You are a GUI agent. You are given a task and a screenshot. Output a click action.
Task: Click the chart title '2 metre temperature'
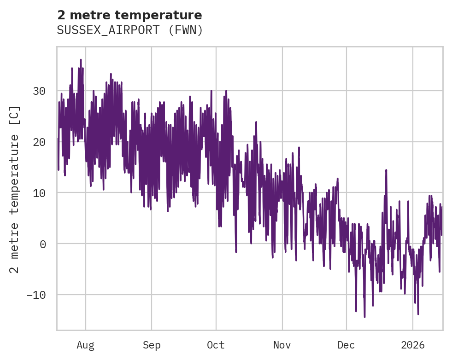(x=129, y=15)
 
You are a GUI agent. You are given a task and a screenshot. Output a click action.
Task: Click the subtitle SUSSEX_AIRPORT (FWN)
(x=129, y=30)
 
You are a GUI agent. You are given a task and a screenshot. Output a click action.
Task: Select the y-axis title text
(x=15, y=190)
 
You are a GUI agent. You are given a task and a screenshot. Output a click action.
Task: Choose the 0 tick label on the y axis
(x=42, y=244)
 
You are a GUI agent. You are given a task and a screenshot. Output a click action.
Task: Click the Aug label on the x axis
(x=86, y=345)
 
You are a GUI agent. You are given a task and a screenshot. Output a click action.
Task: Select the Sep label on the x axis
(x=151, y=345)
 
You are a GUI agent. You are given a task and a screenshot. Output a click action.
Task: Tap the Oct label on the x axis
(x=216, y=345)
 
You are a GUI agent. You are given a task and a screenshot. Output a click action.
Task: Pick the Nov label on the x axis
(x=282, y=345)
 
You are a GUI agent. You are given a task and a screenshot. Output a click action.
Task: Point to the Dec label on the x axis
(x=346, y=345)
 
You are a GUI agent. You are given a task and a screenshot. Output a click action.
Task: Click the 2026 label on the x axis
(x=413, y=345)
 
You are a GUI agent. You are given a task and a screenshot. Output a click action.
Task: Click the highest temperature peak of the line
(x=81, y=60)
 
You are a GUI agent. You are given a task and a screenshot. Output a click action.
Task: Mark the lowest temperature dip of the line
(x=364, y=316)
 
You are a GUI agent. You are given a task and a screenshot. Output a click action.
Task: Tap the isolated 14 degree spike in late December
(x=386, y=170)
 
